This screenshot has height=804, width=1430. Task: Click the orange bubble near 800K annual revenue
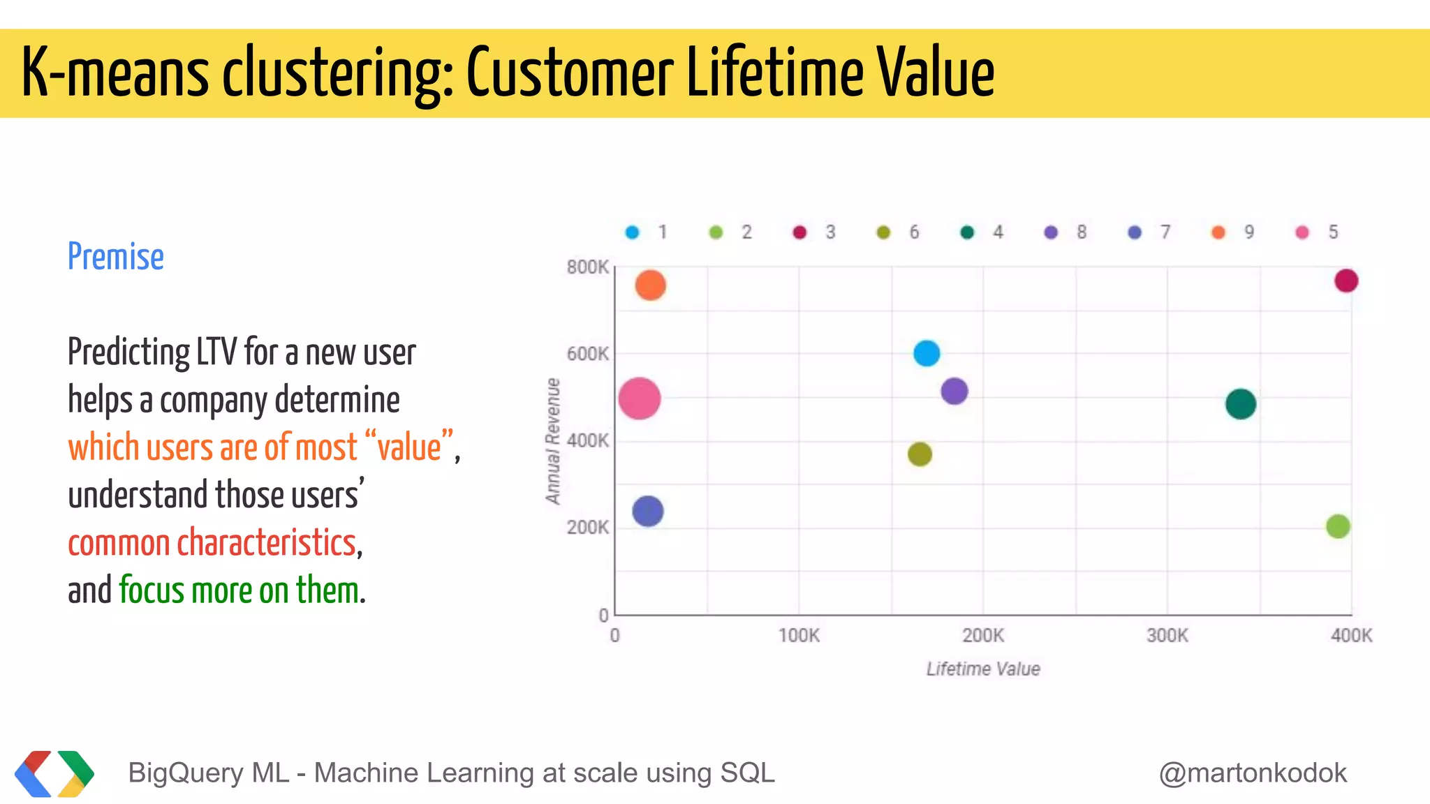[x=650, y=285]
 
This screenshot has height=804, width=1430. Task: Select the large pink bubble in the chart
[x=639, y=399]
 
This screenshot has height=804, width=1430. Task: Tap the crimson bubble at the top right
[x=1346, y=281]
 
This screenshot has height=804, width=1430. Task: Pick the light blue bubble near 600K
[x=927, y=353]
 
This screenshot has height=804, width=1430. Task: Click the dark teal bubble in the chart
[x=1241, y=404]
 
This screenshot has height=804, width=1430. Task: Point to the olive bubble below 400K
[x=920, y=454]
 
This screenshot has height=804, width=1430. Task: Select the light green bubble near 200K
[x=1338, y=526]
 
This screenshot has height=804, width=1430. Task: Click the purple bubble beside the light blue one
[x=954, y=391]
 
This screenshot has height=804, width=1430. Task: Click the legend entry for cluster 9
[x=1234, y=232]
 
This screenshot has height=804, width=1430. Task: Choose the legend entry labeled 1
[x=647, y=232]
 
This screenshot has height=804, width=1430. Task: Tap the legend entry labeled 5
[x=1318, y=232]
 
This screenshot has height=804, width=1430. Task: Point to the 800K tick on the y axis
[x=588, y=267]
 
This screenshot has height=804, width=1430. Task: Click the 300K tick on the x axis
[x=1167, y=636]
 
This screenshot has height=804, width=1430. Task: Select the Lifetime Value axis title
[x=982, y=669]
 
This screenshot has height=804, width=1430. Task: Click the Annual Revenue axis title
[x=553, y=441]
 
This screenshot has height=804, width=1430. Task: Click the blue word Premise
[x=116, y=257]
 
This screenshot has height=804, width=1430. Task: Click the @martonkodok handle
[x=1252, y=773]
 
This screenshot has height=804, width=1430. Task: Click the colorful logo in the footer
[x=54, y=773]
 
